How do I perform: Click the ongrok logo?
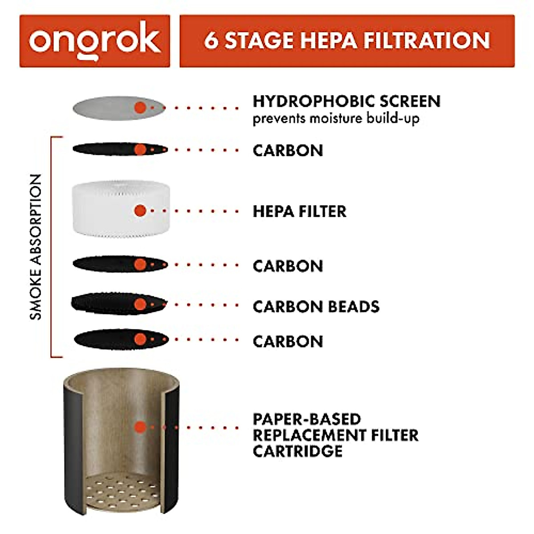click(94, 41)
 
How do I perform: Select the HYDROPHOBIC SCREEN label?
click(346, 101)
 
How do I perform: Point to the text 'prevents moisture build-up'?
click(336, 119)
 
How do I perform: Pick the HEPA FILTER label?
click(299, 211)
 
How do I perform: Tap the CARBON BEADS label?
click(316, 307)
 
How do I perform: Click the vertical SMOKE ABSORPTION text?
click(36, 247)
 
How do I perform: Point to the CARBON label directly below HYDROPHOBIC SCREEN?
click(287, 150)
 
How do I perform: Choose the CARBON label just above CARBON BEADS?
click(287, 266)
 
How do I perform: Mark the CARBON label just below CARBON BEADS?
click(287, 342)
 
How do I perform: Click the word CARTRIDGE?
click(297, 451)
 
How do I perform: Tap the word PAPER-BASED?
click(307, 419)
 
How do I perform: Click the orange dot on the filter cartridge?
click(140, 428)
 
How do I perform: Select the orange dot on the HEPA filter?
click(140, 211)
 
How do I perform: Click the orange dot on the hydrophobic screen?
click(140, 107)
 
